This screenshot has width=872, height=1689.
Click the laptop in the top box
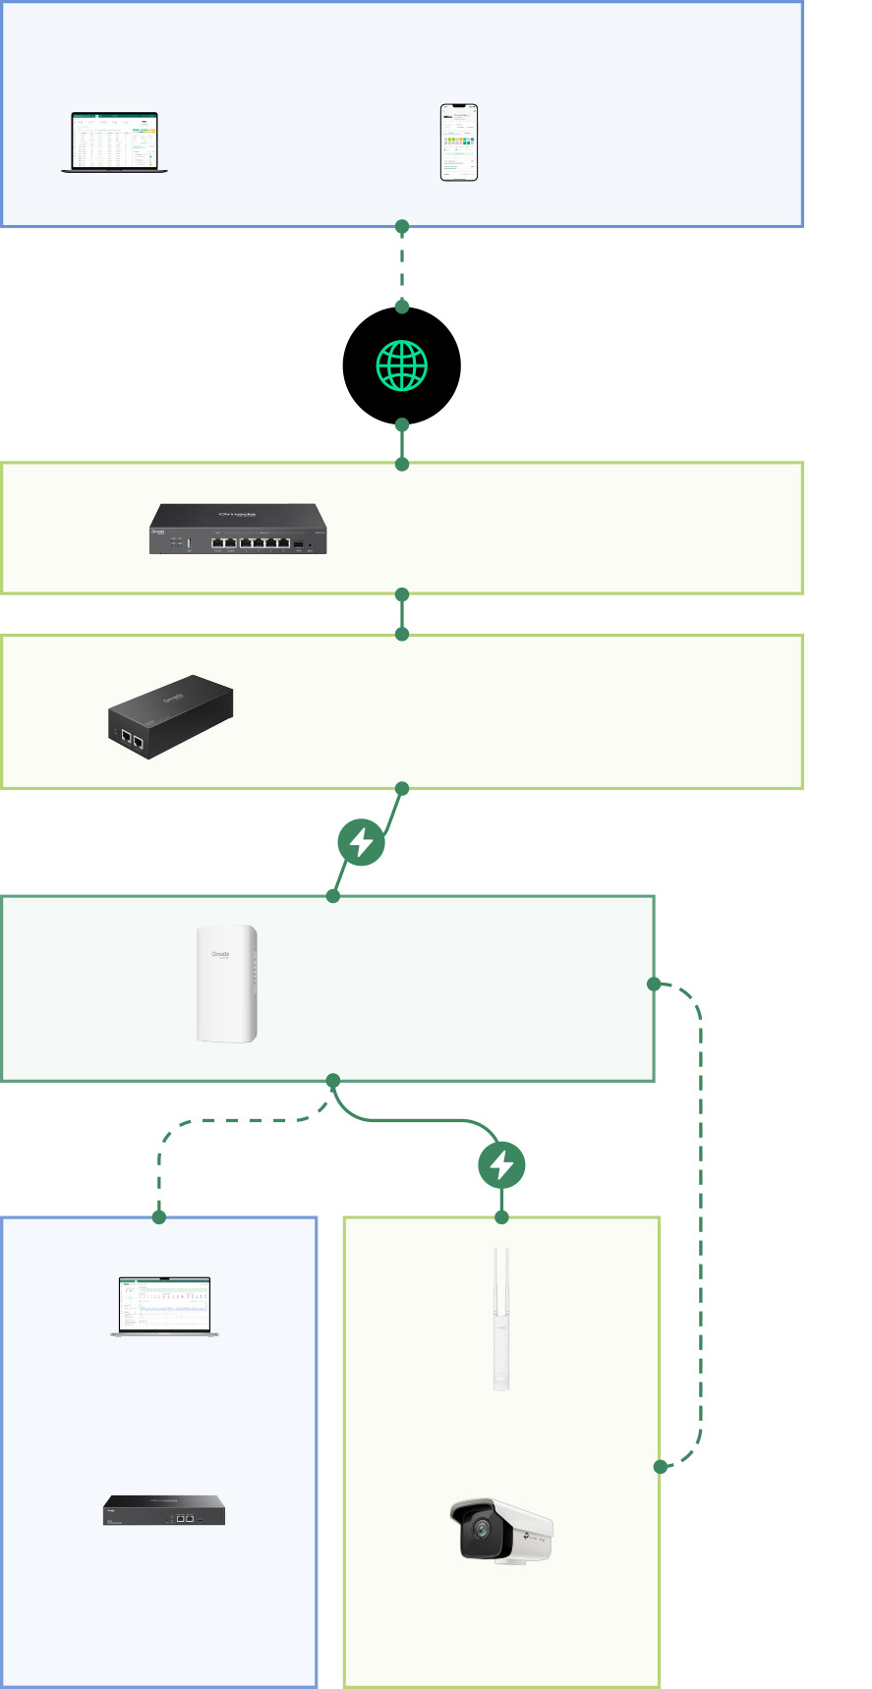point(114,142)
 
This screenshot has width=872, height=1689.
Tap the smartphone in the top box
point(458,142)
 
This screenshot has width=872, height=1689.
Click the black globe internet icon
point(401,366)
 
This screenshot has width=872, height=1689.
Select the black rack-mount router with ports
point(238,529)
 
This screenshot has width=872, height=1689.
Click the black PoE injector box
point(170,716)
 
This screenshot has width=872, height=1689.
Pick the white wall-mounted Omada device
point(227,983)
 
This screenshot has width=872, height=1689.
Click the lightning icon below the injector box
point(361,842)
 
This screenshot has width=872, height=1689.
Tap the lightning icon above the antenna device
point(501,1165)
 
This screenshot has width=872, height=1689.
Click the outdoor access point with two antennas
point(501,1320)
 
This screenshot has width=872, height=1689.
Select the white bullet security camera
point(501,1529)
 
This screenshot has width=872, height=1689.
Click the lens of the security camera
point(481,1529)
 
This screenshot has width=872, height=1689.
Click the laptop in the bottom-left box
point(164,1307)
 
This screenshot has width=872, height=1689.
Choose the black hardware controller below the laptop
point(164,1510)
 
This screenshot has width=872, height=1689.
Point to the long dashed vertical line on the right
point(700,1228)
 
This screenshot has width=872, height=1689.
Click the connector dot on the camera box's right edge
point(660,1466)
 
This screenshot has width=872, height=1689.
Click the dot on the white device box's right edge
point(654,984)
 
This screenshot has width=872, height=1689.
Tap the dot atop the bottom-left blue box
point(159,1217)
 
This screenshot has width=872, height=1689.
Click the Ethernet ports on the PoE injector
point(132,740)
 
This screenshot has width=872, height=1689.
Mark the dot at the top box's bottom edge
point(401,227)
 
